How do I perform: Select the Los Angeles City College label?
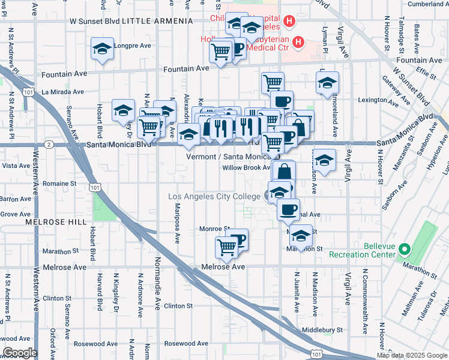pyautogui.click(x=214, y=197)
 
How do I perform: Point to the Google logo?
pyautogui.click(x=20, y=353)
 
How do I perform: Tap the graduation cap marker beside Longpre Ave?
pyautogui.click(x=103, y=49)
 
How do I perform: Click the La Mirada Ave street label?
pyautogui.click(x=62, y=92)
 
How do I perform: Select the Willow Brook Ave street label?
pyautogui.click(x=247, y=167)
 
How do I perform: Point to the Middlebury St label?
pyautogui.click(x=322, y=329)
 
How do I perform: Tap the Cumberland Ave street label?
pyautogui.click(x=424, y=4)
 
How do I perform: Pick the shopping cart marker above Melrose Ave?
pyautogui.click(x=226, y=246)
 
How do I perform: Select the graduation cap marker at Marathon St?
pyautogui.click(x=301, y=235)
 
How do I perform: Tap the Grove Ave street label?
pyautogui.click(x=16, y=214)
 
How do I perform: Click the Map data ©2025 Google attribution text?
pyautogui.click(x=412, y=355)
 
